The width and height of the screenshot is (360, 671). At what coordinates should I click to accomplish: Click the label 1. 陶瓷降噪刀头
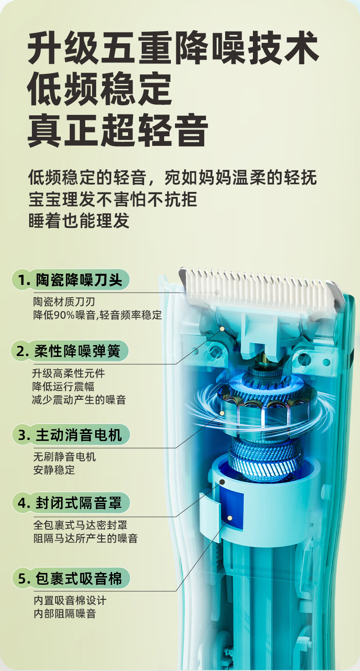(x=71, y=280)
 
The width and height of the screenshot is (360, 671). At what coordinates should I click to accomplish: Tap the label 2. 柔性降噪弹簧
(x=71, y=351)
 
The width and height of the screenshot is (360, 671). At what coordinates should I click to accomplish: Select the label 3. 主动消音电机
(x=71, y=435)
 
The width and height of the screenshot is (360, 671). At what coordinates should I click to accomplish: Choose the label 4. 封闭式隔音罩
(x=71, y=503)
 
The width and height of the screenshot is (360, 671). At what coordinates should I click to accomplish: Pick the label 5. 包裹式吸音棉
(x=71, y=578)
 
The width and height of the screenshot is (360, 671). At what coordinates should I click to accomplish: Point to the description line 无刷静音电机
(x=64, y=456)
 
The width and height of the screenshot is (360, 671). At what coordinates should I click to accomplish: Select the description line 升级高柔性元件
(x=68, y=373)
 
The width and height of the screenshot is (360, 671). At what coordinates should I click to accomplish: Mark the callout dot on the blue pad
(x=230, y=518)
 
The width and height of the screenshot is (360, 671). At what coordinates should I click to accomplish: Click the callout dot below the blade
(x=222, y=328)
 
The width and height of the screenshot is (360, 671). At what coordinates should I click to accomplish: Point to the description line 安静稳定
(x=54, y=470)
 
